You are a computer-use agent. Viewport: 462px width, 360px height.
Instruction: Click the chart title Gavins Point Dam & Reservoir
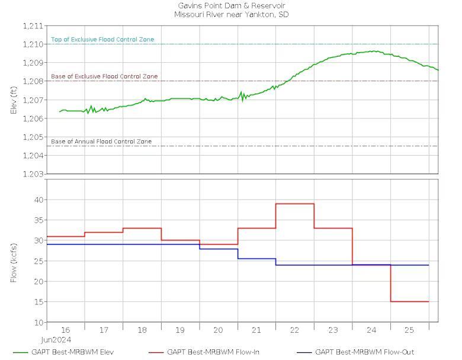[231, 5]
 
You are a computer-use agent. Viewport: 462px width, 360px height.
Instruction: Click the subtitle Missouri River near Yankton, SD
[231, 14]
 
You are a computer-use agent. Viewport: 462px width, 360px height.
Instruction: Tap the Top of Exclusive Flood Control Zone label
[102, 40]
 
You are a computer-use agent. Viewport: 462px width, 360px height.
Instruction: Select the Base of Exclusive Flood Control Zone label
[104, 76]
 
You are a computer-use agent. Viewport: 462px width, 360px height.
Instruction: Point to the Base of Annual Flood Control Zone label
[101, 142]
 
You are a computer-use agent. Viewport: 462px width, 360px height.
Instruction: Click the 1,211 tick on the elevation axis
[33, 26]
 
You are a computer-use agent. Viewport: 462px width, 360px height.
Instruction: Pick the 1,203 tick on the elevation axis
[33, 174]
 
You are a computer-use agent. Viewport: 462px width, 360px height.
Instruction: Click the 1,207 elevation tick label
[33, 100]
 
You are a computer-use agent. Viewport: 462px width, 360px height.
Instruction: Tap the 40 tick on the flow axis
[39, 200]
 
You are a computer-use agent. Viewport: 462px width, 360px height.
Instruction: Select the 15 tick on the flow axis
[39, 302]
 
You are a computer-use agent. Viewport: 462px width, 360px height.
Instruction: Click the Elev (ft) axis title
[14, 100]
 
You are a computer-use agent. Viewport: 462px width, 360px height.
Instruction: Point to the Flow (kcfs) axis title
[14, 263]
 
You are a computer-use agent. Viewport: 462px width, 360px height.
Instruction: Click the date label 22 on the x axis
[294, 330]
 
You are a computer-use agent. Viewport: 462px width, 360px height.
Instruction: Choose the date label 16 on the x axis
[65, 330]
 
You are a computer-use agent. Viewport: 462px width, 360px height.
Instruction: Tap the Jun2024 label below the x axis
[56, 340]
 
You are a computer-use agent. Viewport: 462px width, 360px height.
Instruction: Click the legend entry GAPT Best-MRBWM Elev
[63, 352]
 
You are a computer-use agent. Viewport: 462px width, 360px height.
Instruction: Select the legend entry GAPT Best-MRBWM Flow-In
[204, 352]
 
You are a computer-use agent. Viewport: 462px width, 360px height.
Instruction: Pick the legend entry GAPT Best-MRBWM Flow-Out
[355, 352]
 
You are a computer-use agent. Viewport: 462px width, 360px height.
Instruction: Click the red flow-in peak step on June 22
[295, 204]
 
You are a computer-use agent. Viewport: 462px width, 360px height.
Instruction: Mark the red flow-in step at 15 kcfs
[410, 301]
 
